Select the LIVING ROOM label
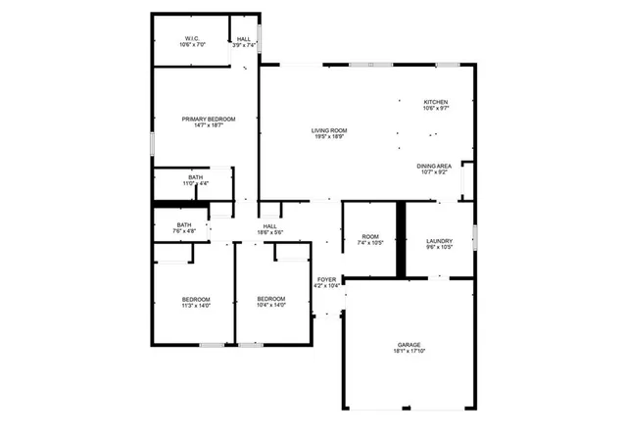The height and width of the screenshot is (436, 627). (x=330, y=130)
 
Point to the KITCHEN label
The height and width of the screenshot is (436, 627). (x=435, y=103)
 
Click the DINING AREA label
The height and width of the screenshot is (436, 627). (x=433, y=167)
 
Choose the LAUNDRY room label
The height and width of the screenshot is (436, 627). (x=439, y=241)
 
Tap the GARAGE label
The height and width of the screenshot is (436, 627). (x=410, y=345)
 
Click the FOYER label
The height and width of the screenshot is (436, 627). (x=326, y=279)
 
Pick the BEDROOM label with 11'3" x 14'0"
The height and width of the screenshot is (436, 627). (x=196, y=299)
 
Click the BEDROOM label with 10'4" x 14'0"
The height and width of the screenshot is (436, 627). (x=271, y=299)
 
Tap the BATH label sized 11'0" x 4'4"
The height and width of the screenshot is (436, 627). (x=196, y=177)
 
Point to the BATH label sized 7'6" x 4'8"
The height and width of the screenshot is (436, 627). (x=184, y=225)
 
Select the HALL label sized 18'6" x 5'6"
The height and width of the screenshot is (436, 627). (x=269, y=226)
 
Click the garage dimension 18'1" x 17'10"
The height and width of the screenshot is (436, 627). (x=410, y=352)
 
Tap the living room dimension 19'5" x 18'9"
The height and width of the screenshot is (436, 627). (x=330, y=137)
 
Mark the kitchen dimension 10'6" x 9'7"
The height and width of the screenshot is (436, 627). (x=435, y=110)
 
